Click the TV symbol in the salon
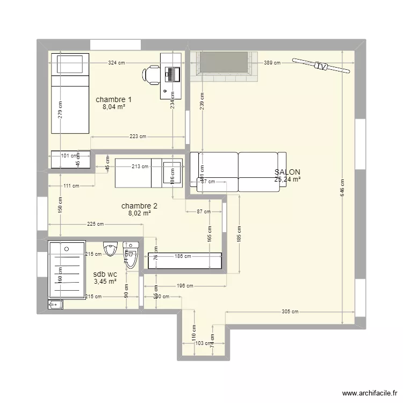point(321,66)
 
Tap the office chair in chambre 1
point(152,74)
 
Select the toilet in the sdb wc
point(131,255)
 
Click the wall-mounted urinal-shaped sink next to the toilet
point(111,249)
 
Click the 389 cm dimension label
point(272,63)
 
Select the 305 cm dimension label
point(290,312)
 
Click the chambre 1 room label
point(113,99)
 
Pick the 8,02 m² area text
point(139,213)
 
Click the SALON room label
point(287,172)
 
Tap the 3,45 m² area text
point(105,281)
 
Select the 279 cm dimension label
point(61,110)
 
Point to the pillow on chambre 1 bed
point(69,64)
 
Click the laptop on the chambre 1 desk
point(172,74)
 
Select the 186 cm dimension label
point(183,256)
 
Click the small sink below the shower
point(55,305)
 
